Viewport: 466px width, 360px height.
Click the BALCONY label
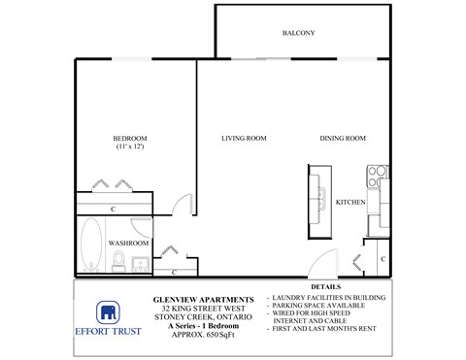(x=298, y=33)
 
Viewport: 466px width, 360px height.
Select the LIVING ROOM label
(x=244, y=138)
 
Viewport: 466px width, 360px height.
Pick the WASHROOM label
(x=127, y=242)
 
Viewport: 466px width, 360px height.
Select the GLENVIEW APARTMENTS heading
(x=205, y=299)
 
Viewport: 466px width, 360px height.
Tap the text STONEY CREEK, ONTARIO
(x=205, y=316)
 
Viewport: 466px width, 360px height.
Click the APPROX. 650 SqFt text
(x=205, y=335)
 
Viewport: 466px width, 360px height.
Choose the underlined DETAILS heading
(x=326, y=287)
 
